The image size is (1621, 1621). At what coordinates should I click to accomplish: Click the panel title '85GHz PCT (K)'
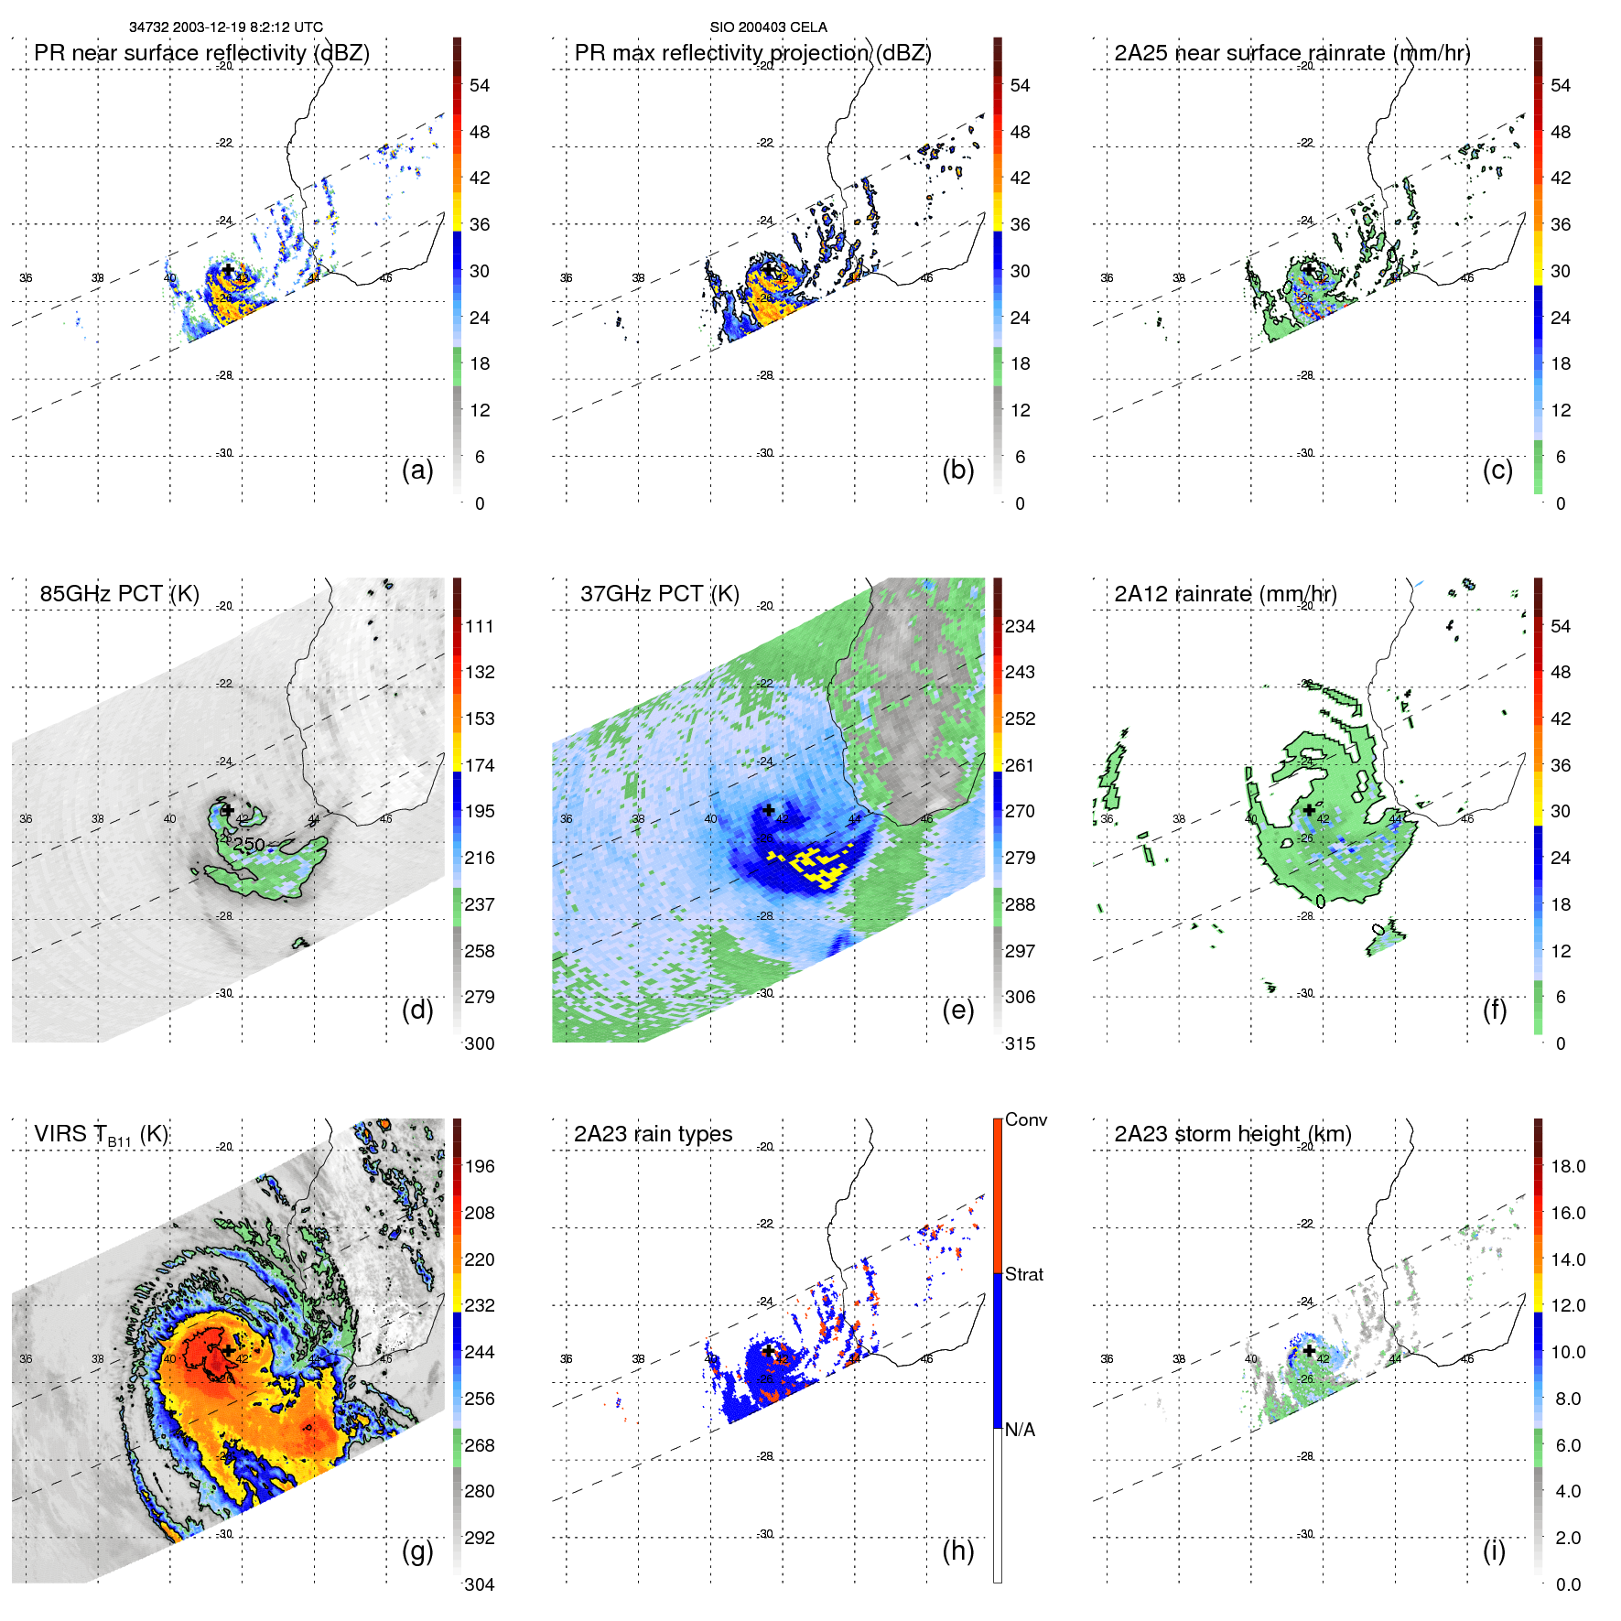point(119,594)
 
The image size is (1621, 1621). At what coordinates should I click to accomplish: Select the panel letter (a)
point(417,470)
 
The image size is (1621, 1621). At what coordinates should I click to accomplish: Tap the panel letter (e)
point(957,1010)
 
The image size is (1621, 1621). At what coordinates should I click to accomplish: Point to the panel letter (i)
point(1494,1551)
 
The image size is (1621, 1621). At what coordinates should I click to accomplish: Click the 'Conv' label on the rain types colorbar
point(1025,1119)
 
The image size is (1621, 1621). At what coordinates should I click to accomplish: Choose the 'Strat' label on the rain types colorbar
point(1023,1274)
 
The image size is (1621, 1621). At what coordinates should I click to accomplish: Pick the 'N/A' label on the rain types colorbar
point(1020,1430)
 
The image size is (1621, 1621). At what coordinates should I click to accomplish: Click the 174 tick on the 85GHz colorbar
point(480,765)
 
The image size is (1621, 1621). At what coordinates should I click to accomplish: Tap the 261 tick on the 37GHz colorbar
point(1020,765)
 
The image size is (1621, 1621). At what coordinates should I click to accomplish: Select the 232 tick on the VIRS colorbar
point(480,1305)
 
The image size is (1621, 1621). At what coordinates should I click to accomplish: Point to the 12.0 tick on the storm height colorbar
point(1567,1305)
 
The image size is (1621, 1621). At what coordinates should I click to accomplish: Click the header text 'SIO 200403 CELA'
point(768,27)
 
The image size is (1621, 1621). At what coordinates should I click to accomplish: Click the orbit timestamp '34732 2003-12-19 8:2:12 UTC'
point(226,27)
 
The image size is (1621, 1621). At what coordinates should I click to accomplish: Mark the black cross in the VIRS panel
point(228,1350)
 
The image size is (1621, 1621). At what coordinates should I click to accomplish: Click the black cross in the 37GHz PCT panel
point(769,810)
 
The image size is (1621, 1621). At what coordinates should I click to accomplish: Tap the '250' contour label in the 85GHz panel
point(249,845)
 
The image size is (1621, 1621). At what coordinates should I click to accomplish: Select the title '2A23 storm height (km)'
point(1232,1134)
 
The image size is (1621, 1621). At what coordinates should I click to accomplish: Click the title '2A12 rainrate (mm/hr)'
point(1225,594)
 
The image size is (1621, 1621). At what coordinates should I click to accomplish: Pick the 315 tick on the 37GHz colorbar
point(1020,1043)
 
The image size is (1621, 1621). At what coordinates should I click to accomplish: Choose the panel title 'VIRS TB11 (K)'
point(101,1135)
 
